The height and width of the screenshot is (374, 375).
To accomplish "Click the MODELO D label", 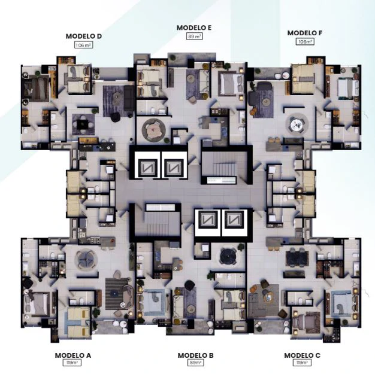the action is [84, 37].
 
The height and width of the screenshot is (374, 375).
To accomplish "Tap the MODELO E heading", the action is [194, 28].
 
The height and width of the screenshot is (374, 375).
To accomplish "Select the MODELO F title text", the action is [305, 33].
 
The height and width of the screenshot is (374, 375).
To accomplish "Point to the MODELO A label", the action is [73, 355].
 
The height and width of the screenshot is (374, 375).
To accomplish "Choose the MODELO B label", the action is [195, 355].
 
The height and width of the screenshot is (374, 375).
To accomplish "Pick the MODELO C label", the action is [302, 355].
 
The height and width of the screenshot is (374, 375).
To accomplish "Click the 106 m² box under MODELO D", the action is [83, 45].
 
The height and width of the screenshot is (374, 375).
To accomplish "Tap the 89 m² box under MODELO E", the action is [194, 37].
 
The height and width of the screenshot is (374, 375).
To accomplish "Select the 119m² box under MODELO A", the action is [72, 363].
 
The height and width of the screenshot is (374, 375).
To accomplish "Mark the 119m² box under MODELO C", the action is [302, 363].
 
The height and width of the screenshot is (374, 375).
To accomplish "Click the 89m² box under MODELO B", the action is [195, 363].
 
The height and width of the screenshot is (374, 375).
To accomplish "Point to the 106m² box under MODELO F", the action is [305, 41].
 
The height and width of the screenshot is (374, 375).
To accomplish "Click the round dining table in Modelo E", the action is [153, 130].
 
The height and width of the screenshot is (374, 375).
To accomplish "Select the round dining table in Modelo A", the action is [86, 259].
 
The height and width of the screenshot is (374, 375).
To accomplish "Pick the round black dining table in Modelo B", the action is [228, 256].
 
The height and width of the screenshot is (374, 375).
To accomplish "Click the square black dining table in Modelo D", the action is [83, 124].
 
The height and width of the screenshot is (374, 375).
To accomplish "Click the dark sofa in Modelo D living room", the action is [129, 98].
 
